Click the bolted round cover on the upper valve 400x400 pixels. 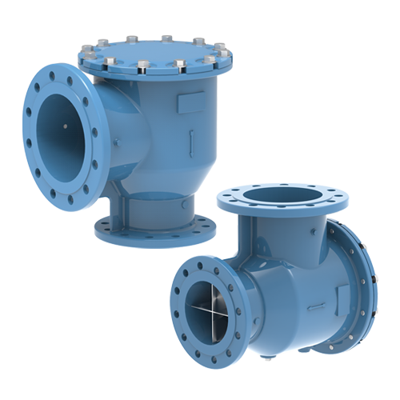coord(154,54)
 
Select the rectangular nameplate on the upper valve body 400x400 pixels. coord(192,102)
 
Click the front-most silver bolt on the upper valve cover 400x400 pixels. coord(142,66)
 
